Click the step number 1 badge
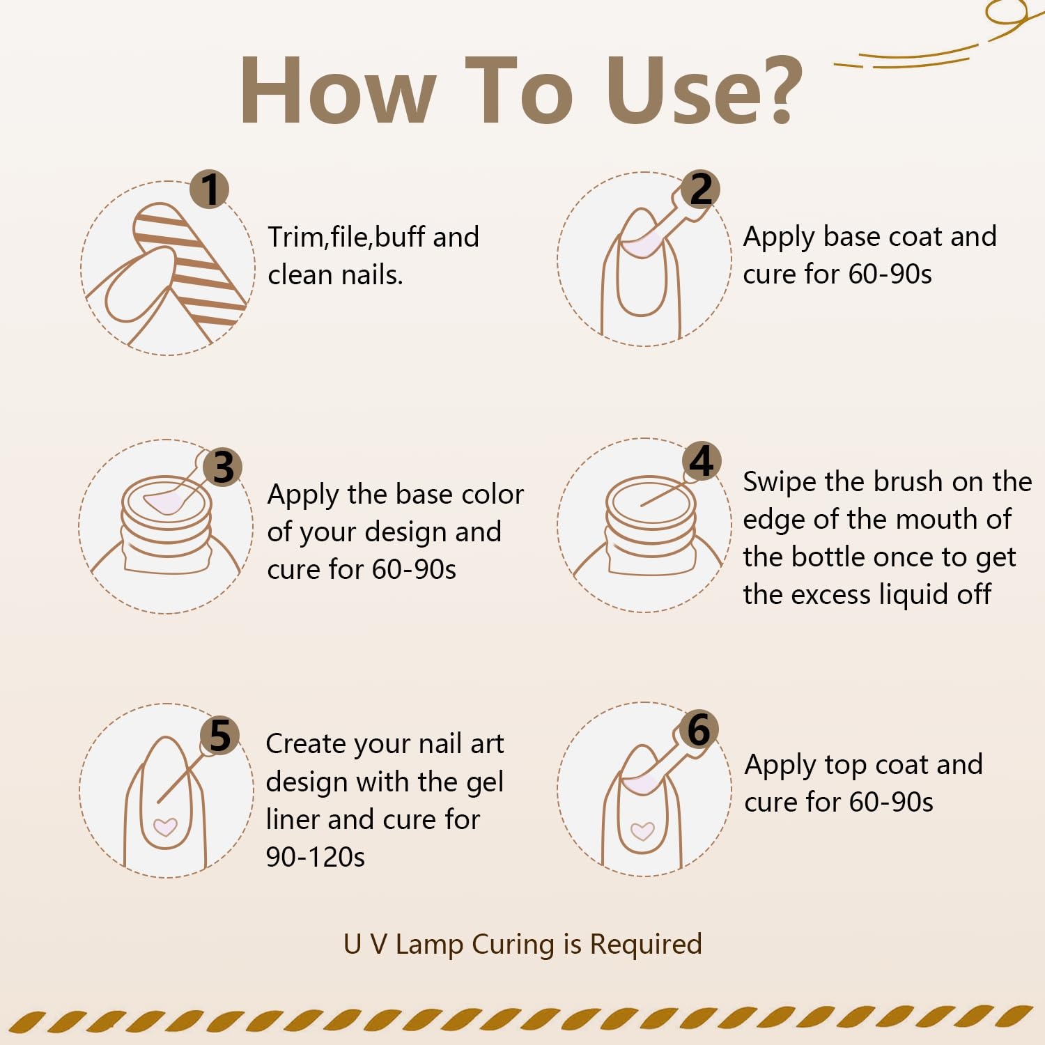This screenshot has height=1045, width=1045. click(x=210, y=189)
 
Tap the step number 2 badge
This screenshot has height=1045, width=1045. click(x=701, y=189)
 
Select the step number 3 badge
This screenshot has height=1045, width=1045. click(x=223, y=467)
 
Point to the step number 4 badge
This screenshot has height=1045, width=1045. click(x=702, y=461)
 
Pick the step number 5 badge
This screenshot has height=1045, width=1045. click(x=220, y=736)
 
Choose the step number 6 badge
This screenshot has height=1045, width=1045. click(x=699, y=729)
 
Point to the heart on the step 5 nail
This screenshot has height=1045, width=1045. click(x=165, y=827)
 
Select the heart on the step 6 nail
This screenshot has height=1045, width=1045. click(x=642, y=831)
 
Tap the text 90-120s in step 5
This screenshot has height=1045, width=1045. click(x=316, y=858)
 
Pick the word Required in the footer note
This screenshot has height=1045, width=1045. click(x=646, y=945)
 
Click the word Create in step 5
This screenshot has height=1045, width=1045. click(x=305, y=744)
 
